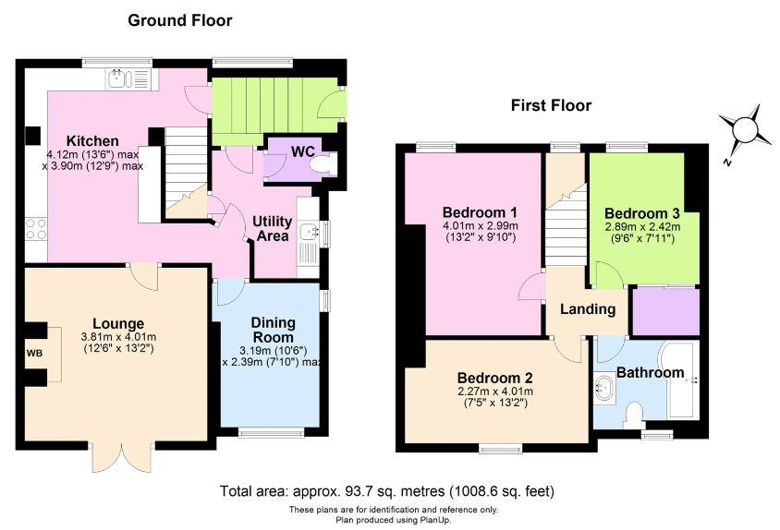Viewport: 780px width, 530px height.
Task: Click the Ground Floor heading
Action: coord(179,20)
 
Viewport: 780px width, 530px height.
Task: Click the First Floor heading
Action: coord(551,105)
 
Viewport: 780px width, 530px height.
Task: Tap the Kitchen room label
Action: coord(92,140)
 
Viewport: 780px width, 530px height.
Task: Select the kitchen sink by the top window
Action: coord(128,79)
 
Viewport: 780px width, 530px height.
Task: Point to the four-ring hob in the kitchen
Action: coord(36,229)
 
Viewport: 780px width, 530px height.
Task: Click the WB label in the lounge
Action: coord(34,354)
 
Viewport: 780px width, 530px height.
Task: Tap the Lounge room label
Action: coord(118,324)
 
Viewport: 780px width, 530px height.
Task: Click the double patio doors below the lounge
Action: coord(122,456)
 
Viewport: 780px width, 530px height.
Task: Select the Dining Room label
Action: coord(273,330)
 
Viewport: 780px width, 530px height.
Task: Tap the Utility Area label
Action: coord(272,228)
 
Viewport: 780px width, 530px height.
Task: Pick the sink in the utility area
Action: coord(310,232)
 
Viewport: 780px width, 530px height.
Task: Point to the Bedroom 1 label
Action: coord(480,212)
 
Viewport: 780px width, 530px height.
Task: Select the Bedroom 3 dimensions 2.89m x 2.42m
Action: coord(642,227)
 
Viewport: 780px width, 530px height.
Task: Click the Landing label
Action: coord(588,309)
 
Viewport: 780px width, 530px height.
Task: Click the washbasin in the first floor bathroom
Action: coord(604,387)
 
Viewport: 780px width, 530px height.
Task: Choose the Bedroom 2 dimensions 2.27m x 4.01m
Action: coord(495,391)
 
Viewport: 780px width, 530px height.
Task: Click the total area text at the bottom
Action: coord(387,491)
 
